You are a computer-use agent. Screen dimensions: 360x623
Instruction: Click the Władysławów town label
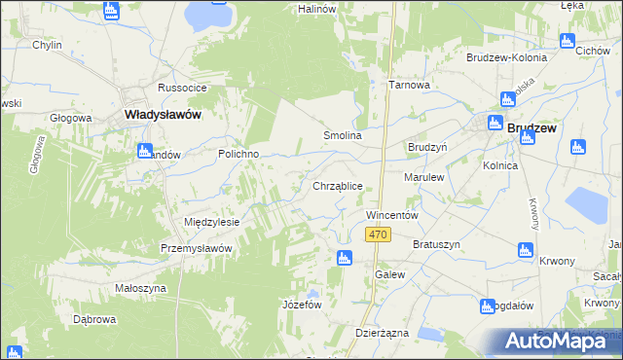coord(164,115)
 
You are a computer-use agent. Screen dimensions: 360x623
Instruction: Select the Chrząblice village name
coord(338,186)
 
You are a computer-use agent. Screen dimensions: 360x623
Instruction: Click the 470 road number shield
coord(379,235)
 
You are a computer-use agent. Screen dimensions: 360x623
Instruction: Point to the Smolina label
coord(343,136)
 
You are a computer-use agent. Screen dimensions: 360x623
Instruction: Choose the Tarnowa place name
coord(409,85)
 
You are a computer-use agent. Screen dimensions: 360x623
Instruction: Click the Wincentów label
coord(391,214)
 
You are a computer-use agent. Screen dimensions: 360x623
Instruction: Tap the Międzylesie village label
coord(212,222)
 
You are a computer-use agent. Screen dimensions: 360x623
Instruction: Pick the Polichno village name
coord(237,155)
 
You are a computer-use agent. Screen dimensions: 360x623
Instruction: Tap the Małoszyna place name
coord(138,287)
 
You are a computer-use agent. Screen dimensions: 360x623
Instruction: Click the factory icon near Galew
coord(343,258)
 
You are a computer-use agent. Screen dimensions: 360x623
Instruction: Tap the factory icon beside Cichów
coord(568,41)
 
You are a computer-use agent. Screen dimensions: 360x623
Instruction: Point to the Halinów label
coord(316,8)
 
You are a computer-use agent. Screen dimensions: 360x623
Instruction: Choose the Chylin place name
coord(47,46)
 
